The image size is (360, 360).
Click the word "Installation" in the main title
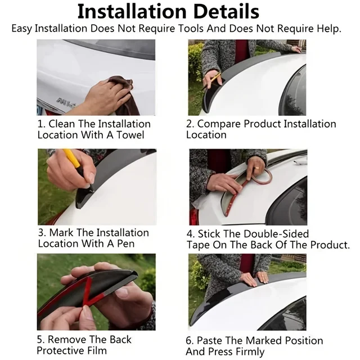(x=132, y=11)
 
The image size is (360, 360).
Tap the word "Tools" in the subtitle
(x=191, y=29)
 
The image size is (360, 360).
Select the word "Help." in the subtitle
(x=329, y=29)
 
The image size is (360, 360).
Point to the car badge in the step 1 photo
(x=66, y=102)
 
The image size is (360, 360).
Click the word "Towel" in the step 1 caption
(x=130, y=135)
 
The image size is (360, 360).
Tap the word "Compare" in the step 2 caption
(x=219, y=124)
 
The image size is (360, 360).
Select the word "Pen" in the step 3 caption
(x=125, y=244)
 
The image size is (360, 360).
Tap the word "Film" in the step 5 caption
(x=97, y=350)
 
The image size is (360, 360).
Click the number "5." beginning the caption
(x=41, y=340)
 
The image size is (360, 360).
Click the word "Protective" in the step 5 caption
(x=61, y=350)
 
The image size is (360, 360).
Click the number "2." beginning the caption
(x=190, y=124)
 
